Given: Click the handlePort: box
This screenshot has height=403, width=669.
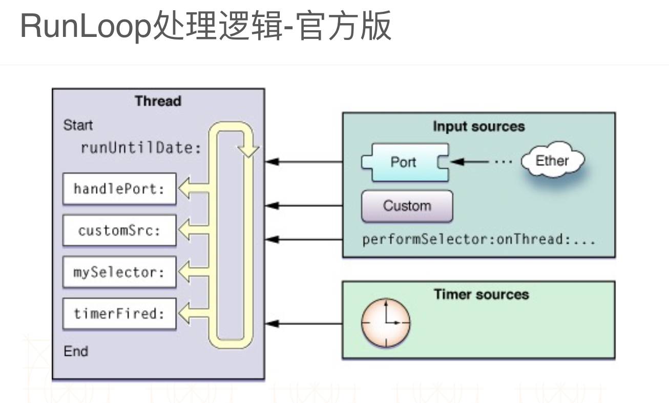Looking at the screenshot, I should click(119, 189).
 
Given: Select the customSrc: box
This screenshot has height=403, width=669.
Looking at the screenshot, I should click(119, 231).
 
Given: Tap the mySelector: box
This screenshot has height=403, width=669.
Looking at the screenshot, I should click(119, 272).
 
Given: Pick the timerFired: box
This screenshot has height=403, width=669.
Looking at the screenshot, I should click(119, 313).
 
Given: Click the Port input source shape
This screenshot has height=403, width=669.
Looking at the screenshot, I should click(404, 163).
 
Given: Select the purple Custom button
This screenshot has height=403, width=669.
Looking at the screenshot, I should click(407, 206).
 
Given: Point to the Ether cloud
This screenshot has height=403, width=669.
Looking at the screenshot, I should click(552, 161).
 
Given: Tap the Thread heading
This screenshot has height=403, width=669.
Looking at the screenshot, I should click(158, 101).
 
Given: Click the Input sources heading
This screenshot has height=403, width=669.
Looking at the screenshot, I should click(478, 127).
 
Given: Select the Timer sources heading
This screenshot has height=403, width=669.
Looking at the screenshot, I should click(481, 294).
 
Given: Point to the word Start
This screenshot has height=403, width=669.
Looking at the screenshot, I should click(78, 125).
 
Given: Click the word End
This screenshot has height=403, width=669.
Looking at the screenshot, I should click(76, 351).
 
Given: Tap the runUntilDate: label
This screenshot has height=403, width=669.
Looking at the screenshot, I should click(141, 148).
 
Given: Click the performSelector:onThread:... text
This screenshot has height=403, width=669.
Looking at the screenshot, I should click(479, 239).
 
